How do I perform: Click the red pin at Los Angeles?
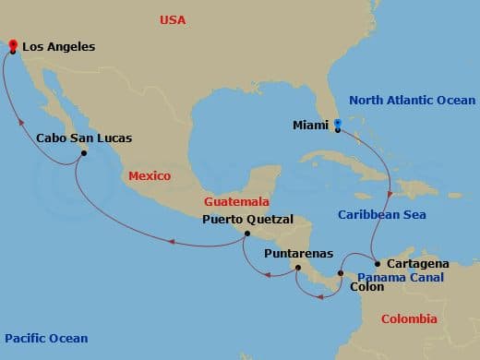pyautogui.click(x=11, y=45)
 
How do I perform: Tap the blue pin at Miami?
pyautogui.click(x=338, y=124)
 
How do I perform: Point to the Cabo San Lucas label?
pyautogui.click(x=84, y=138)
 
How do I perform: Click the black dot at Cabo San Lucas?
pyautogui.click(x=84, y=154)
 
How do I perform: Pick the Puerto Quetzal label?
pyautogui.click(x=248, y=220)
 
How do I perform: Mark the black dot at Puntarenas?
pyautogui.click(x=296, y=268)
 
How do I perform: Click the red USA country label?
pyautogui.click(x=173, y=19)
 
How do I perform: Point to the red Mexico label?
pyautogui.click(x=150, y=175)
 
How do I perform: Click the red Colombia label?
pyautogui.click(x=409, y=318)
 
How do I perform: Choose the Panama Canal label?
pyautogui.click(x=400, y=277)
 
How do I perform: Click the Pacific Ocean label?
pyautogui.click(x=46, y=339)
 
